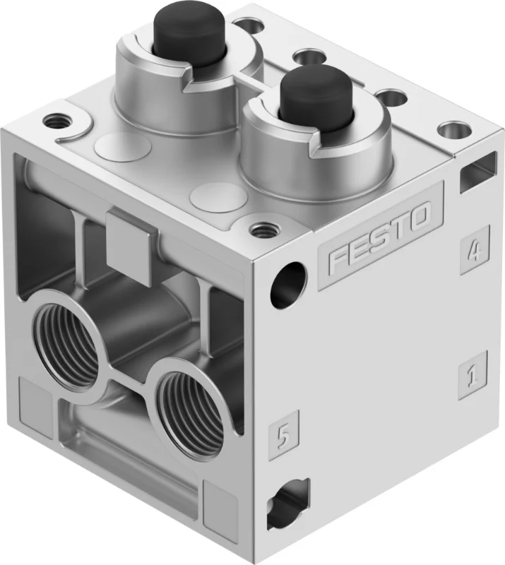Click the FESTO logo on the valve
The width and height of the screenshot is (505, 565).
click(379, 237)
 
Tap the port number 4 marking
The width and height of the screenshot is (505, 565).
click(475, 250)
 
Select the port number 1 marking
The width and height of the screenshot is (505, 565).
click(473, 375)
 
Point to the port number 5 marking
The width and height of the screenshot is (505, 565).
click(284, 435)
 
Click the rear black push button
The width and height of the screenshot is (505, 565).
click(174, 28)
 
